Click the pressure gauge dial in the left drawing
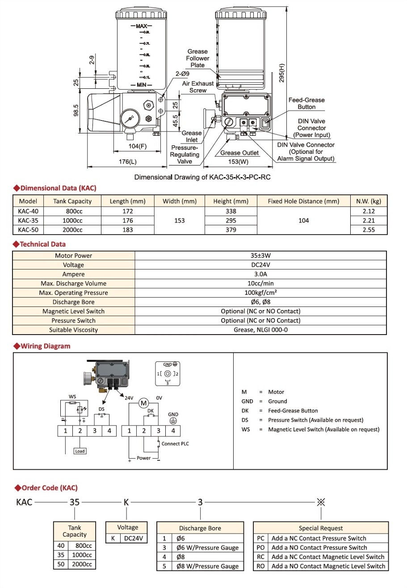[129, 120]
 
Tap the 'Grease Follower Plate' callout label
[197, 58]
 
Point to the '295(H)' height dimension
[281, 73]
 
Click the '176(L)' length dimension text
[128, 161]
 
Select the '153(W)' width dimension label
[238, 161]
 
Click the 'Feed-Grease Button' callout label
[306, 104]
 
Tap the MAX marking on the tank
[141, 26]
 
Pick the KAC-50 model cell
[28, 230]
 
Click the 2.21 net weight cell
[369, 220]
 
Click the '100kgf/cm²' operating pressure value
[260, 293]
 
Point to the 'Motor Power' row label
[73, 256]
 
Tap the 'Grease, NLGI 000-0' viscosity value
[260, 330]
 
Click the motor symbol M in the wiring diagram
[143, 403]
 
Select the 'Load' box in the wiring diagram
[80, 451]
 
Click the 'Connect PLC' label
[175, 443]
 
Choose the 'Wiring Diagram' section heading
[45, 346]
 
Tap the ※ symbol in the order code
[320, 502]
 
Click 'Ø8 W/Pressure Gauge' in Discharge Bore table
[207, 566]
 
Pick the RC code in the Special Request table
[261, 557]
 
